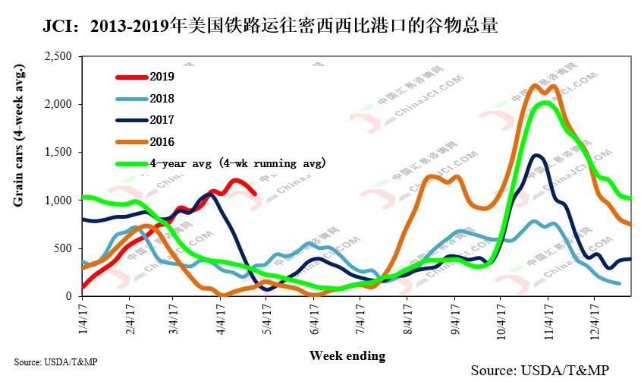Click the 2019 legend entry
coord(162,76)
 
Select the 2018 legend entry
coord(162,98)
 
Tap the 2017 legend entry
coord(162,120)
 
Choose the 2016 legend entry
coord(162,142)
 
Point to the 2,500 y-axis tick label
coord(58,56)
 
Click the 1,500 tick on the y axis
coord(58,152)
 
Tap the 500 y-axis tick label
coord(63,248)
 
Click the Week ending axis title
coord(347,355)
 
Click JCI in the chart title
coord(60,27)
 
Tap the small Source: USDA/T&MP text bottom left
coord(55,361)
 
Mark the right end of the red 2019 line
coord(255,194)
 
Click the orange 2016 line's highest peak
coord(536,85)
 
